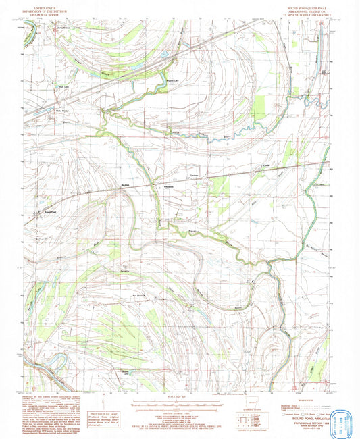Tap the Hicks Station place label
(x=63, y=111)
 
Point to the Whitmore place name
(x=168, y=186)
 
